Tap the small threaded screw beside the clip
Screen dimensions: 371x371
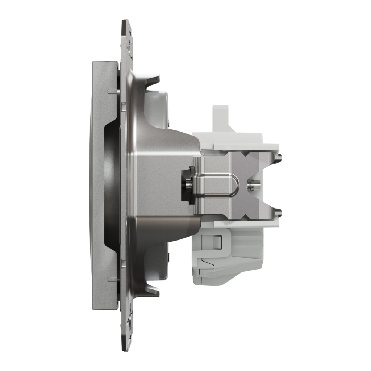click(251, 185)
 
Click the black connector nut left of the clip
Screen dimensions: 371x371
click(188, 185)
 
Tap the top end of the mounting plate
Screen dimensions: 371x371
click(126, 25)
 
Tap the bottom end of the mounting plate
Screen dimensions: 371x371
click(126, 344)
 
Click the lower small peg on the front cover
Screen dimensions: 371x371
click(113, 279)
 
